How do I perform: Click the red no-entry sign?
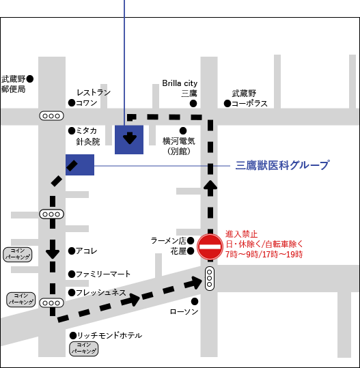coord(210,246)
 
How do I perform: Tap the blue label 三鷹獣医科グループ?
coord(282,165)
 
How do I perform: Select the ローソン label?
coord(184,311)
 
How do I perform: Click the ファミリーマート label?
coord(102,274)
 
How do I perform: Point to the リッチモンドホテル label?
coord(109,335)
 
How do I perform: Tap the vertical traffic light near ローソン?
coord(210,279)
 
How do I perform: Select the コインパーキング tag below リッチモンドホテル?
coord(83,349)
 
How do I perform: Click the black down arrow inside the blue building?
coord(129,140)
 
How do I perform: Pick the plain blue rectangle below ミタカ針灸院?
coord(80,165)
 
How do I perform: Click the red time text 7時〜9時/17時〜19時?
coord(264,254)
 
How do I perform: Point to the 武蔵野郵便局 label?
coord(14,84)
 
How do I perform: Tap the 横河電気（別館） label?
coord(179,146)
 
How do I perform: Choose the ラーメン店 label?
coord(168,240)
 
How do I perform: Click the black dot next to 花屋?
coord(191,252)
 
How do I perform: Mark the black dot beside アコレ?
coord(72,251)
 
